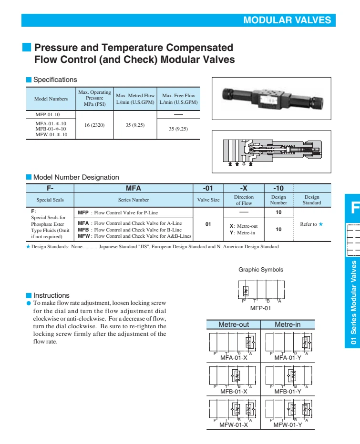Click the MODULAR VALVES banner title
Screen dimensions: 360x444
(287, 20)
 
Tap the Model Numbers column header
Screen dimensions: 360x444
(51, 99)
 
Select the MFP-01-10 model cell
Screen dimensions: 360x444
(48, 115)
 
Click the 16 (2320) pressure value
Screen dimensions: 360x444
(94, 125)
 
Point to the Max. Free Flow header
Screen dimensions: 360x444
(179, 95)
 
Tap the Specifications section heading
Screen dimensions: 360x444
(55, 80)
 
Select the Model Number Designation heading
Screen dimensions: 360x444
(76, 177)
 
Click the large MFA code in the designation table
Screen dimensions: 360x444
(133, 188)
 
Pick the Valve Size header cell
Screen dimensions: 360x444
(208, 200)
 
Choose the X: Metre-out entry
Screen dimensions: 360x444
(244, 226)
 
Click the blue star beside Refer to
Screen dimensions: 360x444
(320, 224)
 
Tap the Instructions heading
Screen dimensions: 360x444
(51, 295)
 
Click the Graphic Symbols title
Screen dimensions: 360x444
(261, 270)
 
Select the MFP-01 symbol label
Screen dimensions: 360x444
(260, 308)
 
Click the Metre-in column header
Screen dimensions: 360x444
(288, 324)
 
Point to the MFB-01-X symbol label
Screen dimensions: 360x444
(234, 391)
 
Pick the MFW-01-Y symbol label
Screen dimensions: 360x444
(288, 425)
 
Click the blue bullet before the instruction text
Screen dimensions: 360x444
(28, 303)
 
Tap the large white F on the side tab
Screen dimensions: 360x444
(355, 208)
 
